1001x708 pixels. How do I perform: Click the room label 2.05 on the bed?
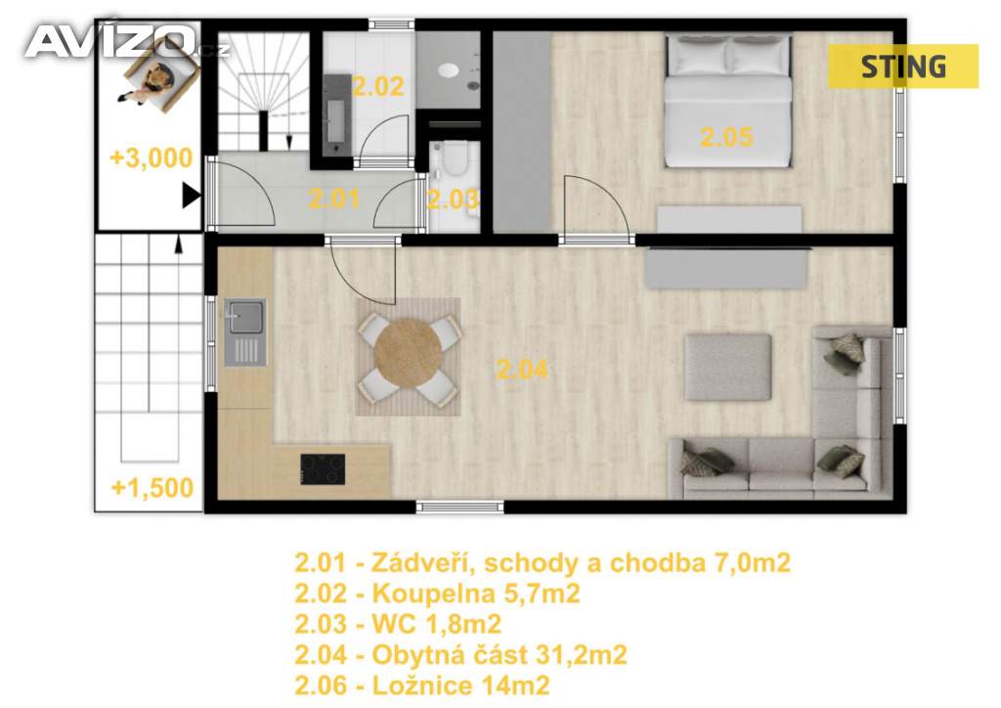coord(726,137)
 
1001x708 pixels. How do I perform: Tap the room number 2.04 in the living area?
coord(522,370)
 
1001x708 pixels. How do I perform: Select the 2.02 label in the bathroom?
coord(378,86)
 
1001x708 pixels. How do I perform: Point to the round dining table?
coord(408,353)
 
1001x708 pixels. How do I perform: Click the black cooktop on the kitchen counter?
coord(323,469)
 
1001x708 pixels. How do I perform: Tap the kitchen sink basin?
coord(245,317)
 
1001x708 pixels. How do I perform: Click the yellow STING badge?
coord(903,66)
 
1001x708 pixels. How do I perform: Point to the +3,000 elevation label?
coord(151,157)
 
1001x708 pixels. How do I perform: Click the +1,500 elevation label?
coord(152,488)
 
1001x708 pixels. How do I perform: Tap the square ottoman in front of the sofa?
coord(727,367)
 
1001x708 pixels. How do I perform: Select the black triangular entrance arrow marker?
coord(191,196)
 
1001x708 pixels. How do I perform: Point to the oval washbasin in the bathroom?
coord(449,69)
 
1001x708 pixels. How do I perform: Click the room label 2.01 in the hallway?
coord(334,199)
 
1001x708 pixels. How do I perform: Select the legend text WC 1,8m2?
coord(437,624)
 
